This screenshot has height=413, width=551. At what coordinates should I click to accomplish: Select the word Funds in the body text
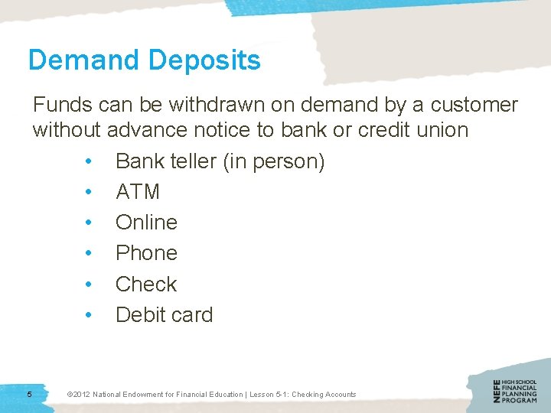tap(62, 105)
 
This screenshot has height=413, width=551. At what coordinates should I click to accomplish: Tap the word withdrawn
tap(206, 105)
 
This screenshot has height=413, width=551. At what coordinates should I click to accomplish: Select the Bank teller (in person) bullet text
tap(220, 162)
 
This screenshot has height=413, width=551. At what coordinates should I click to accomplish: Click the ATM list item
tap(137, 192)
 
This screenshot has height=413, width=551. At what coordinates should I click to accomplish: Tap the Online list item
tap(146, 223)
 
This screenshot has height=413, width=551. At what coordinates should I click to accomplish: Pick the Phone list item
tap(146, 253)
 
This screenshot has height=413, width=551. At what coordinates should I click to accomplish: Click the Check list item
tap(146, 284)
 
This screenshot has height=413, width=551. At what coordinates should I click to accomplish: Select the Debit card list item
tap(164, 314)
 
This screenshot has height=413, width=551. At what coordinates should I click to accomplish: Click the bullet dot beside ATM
tap(89, 192)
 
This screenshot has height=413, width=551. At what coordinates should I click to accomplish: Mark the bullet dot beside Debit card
tap(89, 314)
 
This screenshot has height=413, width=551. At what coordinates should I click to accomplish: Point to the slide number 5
tap(29, 394)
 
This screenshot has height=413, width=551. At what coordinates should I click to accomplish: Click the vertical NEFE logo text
tap(497, 392)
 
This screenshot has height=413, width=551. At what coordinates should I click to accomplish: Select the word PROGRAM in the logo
tap(520, 401)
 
